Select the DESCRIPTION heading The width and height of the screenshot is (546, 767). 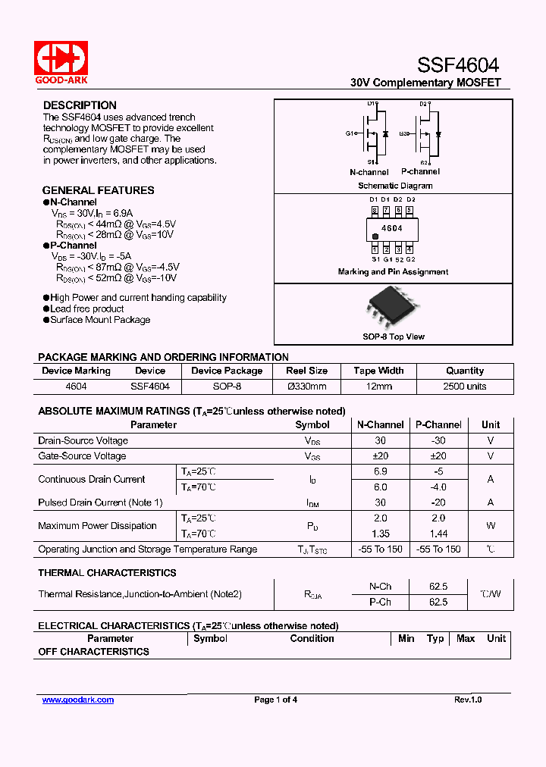80,105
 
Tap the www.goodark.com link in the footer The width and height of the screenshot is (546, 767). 77,700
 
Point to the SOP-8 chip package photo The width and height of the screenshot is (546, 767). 392,308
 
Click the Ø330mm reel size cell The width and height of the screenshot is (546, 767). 306,387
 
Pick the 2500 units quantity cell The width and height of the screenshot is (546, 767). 465,387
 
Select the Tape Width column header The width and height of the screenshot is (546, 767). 378,371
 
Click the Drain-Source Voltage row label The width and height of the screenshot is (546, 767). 83,440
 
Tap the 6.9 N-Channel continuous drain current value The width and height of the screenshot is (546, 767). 380,471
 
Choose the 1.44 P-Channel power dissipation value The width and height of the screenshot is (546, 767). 438,534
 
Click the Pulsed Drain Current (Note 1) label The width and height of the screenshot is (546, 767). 100,502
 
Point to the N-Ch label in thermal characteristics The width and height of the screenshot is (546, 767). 380,587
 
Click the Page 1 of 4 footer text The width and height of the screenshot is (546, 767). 275,700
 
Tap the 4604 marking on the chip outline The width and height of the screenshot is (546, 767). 391,228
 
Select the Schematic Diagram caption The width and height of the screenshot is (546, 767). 395,186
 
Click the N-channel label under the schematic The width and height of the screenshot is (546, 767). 369,172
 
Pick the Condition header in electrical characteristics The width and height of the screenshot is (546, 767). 312,638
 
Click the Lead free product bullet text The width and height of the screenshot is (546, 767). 86,309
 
